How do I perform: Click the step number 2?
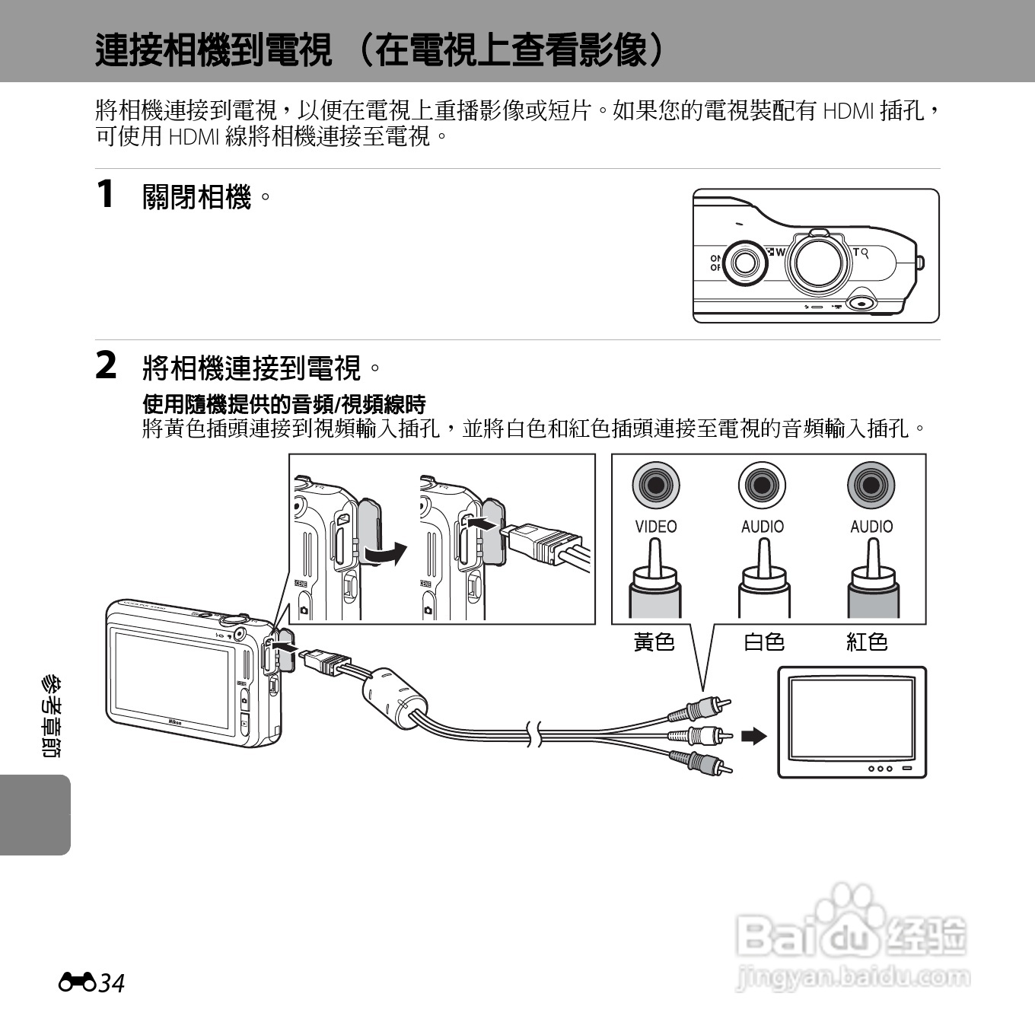click(x=106, y=365)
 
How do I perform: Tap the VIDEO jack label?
click(x=655, y=527)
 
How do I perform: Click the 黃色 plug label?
click(x=654, y=642)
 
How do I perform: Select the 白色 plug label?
click(x=763, y=642)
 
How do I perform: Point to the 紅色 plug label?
click(x=867, y=642)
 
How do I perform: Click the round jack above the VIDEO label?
click(x=655, y=485)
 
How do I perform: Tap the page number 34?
click(x=111, y=983)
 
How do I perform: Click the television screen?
click(x=852, y=718)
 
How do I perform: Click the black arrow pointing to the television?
click(x=753, y=736)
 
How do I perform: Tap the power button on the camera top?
click(x=744, y=263)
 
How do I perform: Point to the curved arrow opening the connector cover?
click(x=384, y=553)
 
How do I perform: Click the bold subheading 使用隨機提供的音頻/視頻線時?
click(x=284, y=404)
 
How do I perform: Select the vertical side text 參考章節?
click(x=52, y=715)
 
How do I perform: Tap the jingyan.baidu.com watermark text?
click(x=853, y=977)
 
